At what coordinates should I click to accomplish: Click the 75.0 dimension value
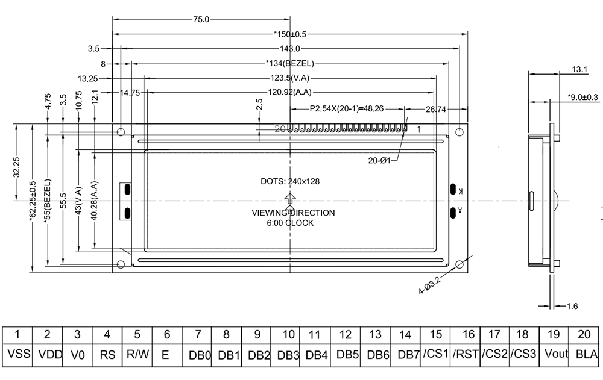201,19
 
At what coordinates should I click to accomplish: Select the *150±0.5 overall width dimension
290,34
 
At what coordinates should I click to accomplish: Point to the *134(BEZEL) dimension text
290,63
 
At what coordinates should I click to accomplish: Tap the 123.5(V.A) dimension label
290,78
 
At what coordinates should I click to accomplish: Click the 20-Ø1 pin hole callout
380,160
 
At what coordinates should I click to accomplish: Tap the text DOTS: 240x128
290,181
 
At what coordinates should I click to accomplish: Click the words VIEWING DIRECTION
293,213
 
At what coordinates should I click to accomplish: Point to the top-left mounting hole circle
121,131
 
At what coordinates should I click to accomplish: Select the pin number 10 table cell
288,334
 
